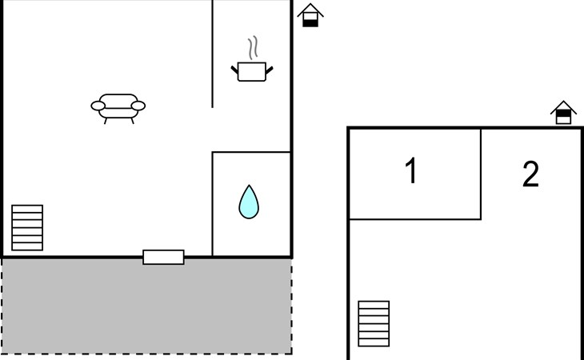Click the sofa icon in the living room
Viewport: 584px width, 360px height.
(118, 106)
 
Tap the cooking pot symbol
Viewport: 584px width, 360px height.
(252, 72)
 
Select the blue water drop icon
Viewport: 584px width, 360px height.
(249, 202)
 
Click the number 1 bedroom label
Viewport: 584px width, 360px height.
(411, 171)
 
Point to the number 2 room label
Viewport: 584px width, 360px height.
(530, 175)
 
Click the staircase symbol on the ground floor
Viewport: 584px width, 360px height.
(27, 228)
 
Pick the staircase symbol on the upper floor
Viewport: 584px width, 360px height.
(374, 323)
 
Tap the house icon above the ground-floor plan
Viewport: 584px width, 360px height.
(310, 15)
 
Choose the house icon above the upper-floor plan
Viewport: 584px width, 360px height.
(564, 113)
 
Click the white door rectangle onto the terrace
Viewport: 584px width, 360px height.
(163, 257)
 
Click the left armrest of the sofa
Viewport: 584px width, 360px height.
(98, 106)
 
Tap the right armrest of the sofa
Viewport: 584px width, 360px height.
(138, 105)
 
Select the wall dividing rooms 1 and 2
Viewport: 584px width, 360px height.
(481, 173)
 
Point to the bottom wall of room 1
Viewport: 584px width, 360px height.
(414, 218)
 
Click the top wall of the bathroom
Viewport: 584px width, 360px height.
(250, 152)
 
